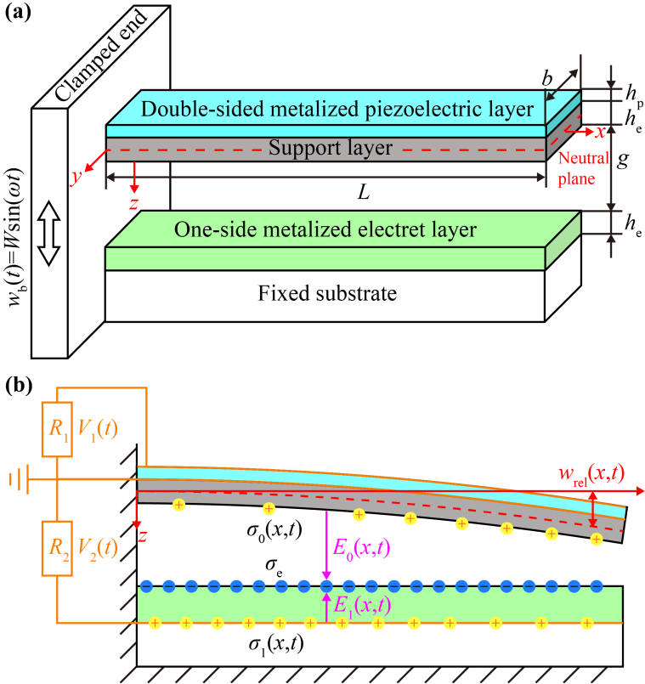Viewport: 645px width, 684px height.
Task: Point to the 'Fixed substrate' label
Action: pyautogui.click(x=327, y=295)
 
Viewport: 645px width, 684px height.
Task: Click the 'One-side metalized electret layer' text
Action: pyautogui.click(x=324, y=229)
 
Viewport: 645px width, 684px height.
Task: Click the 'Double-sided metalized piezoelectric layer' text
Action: pyautogui.click(x=325, y=109)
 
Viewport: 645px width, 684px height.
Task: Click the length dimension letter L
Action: pyautogui.click(x=363, y=193)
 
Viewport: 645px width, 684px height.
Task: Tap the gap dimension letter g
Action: pyautogui.click(x=622, y=160)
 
